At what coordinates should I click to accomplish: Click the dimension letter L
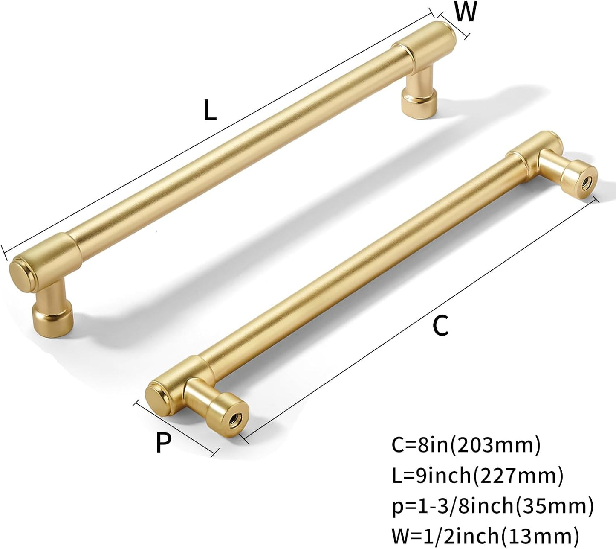[210, 110]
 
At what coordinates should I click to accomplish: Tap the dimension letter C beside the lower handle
[440, 325]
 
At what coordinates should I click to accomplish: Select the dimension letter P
[163, 442]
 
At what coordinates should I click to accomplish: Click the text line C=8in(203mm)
[466, 445]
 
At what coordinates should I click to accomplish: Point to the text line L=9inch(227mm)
[477, 475]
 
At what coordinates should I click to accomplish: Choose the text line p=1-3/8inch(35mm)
[492, 506]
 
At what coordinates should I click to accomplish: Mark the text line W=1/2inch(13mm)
[486, 536]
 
